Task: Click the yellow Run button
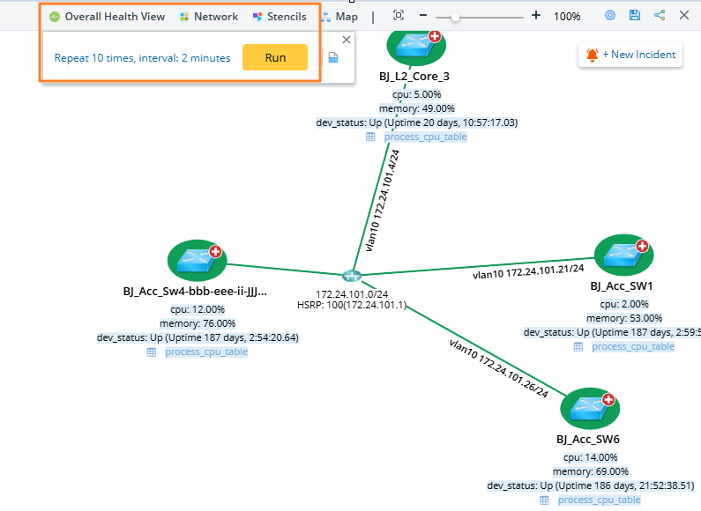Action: pos(275,57)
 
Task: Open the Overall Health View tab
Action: pos(107,17)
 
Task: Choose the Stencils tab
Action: pos(280,17)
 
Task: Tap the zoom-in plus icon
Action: pos(536,16)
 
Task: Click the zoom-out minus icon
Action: pos(423,16)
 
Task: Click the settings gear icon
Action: pos(610,16)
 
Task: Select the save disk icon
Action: pos(635,16)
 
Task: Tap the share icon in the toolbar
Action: pos(660,16)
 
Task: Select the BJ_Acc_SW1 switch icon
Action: pos(623,255)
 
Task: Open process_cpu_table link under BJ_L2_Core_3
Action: pos(425,137)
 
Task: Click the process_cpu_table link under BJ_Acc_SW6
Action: pos(599,500)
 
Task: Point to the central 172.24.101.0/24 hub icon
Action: pos(352,277)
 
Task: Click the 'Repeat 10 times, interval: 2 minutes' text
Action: pos(142,58)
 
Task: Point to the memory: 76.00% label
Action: pos(198,323)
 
